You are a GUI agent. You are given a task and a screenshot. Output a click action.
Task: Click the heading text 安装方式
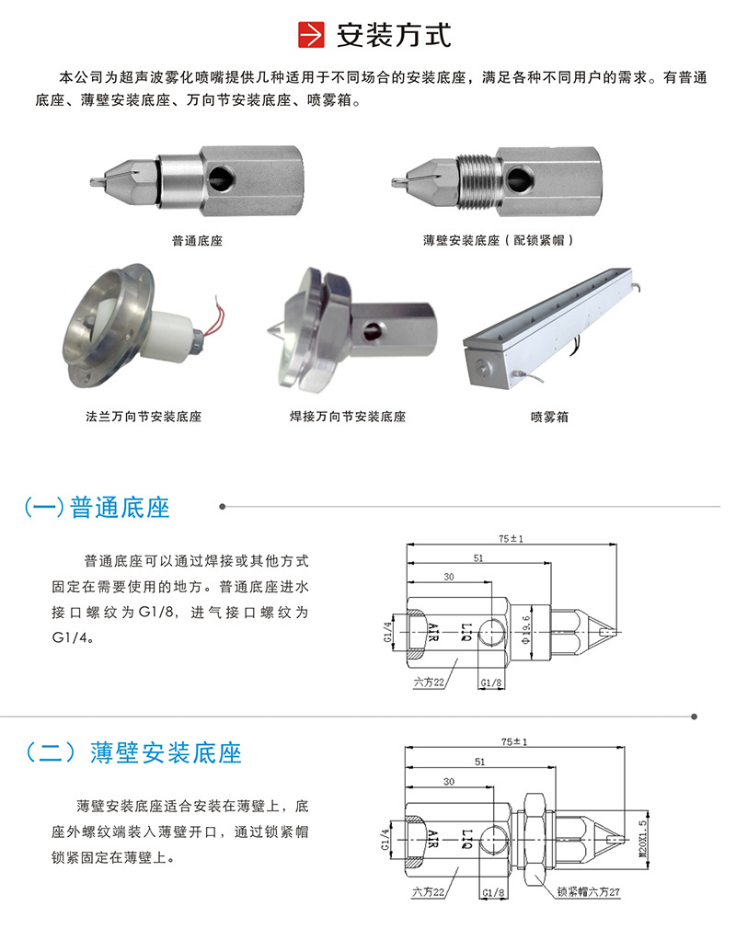click(x=394, y=36)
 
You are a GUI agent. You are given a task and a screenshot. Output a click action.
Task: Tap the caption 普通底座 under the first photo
click(x=197, y=241)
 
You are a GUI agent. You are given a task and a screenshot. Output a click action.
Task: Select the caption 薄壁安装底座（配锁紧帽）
click(x=500, y=241)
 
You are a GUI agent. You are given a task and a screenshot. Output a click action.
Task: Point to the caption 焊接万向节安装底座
click(x=347, y=417)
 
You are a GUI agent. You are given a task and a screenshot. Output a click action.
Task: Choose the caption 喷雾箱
click(x=549, y=417)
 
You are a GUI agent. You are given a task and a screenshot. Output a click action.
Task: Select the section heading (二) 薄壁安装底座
click(x=133, y=752)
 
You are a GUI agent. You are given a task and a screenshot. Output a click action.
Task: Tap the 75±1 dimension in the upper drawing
click(x=512, y=540)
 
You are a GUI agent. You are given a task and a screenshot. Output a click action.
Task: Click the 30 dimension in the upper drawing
click(x=448, y=577)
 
